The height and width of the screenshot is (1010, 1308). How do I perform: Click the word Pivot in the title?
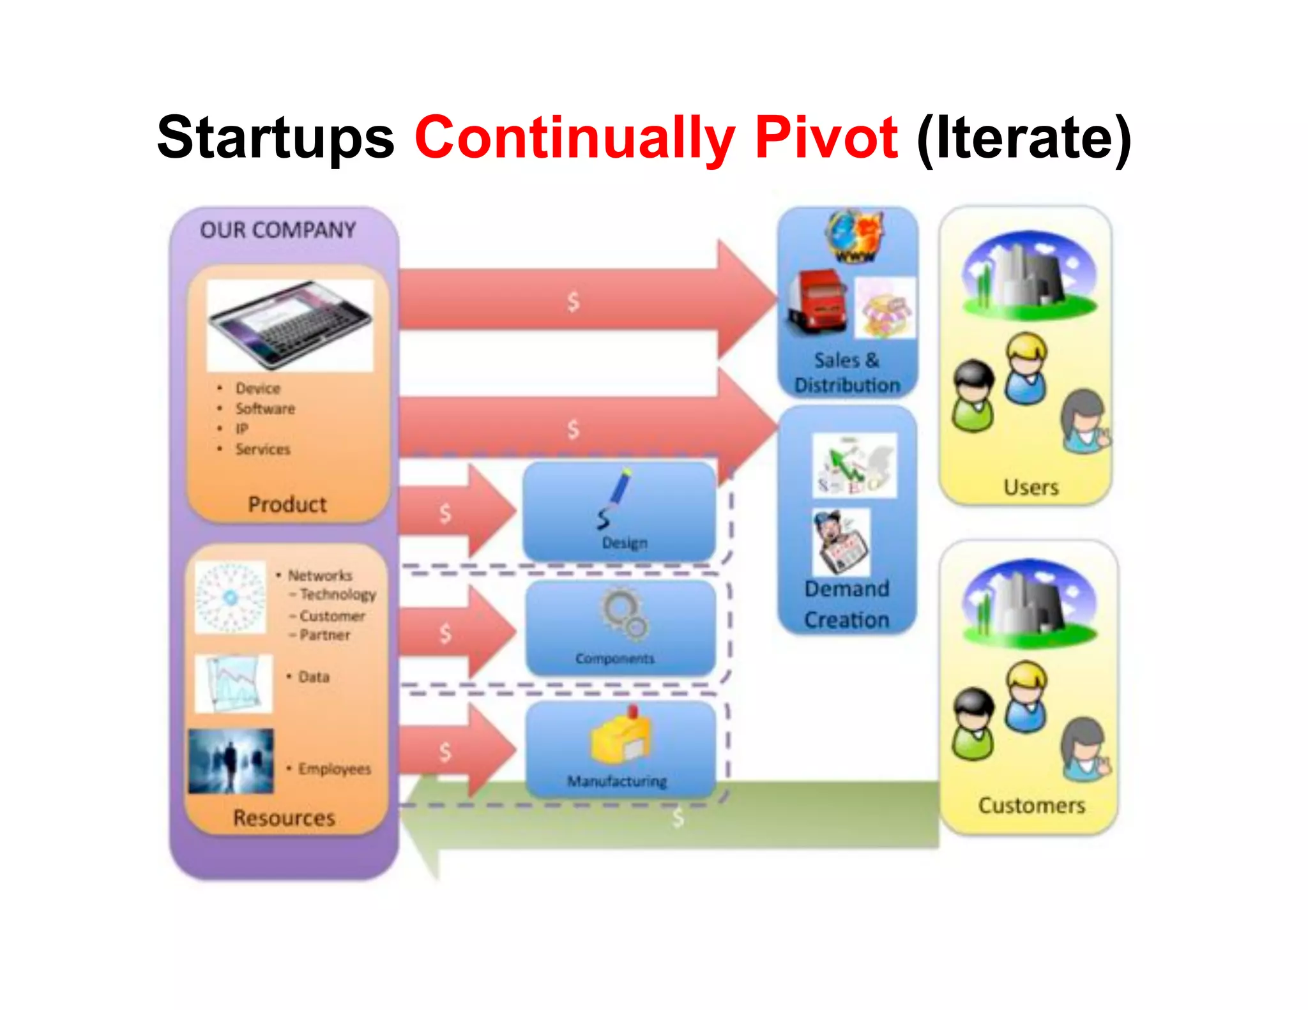826,138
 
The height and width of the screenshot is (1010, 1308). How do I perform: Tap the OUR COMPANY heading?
278,230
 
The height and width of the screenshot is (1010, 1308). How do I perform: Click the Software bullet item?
265,409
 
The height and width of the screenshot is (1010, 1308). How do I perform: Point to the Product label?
287,504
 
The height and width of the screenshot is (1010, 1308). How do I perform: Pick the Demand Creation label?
847,604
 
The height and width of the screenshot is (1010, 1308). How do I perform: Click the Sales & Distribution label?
847,373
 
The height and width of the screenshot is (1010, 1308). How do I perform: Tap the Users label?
1031,488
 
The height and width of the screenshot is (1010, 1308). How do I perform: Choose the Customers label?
1031,806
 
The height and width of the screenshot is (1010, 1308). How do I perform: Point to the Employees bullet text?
334,769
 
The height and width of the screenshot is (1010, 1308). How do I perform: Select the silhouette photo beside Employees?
231,761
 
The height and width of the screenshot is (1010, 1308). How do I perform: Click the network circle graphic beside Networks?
230,598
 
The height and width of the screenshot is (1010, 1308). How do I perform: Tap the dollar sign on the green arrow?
678,817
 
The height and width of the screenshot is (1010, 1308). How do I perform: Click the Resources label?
284,818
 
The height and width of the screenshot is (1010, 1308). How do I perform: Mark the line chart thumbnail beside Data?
234,683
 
